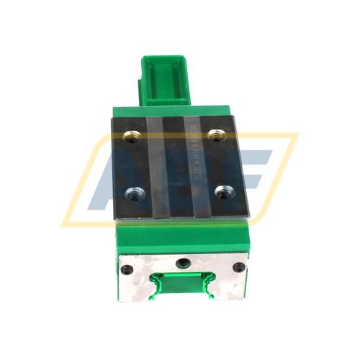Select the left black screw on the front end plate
point(127,271)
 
